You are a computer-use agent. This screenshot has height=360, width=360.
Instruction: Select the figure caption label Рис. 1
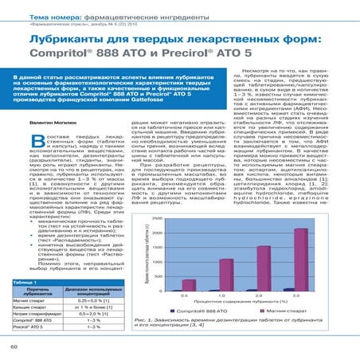point(147,320)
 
